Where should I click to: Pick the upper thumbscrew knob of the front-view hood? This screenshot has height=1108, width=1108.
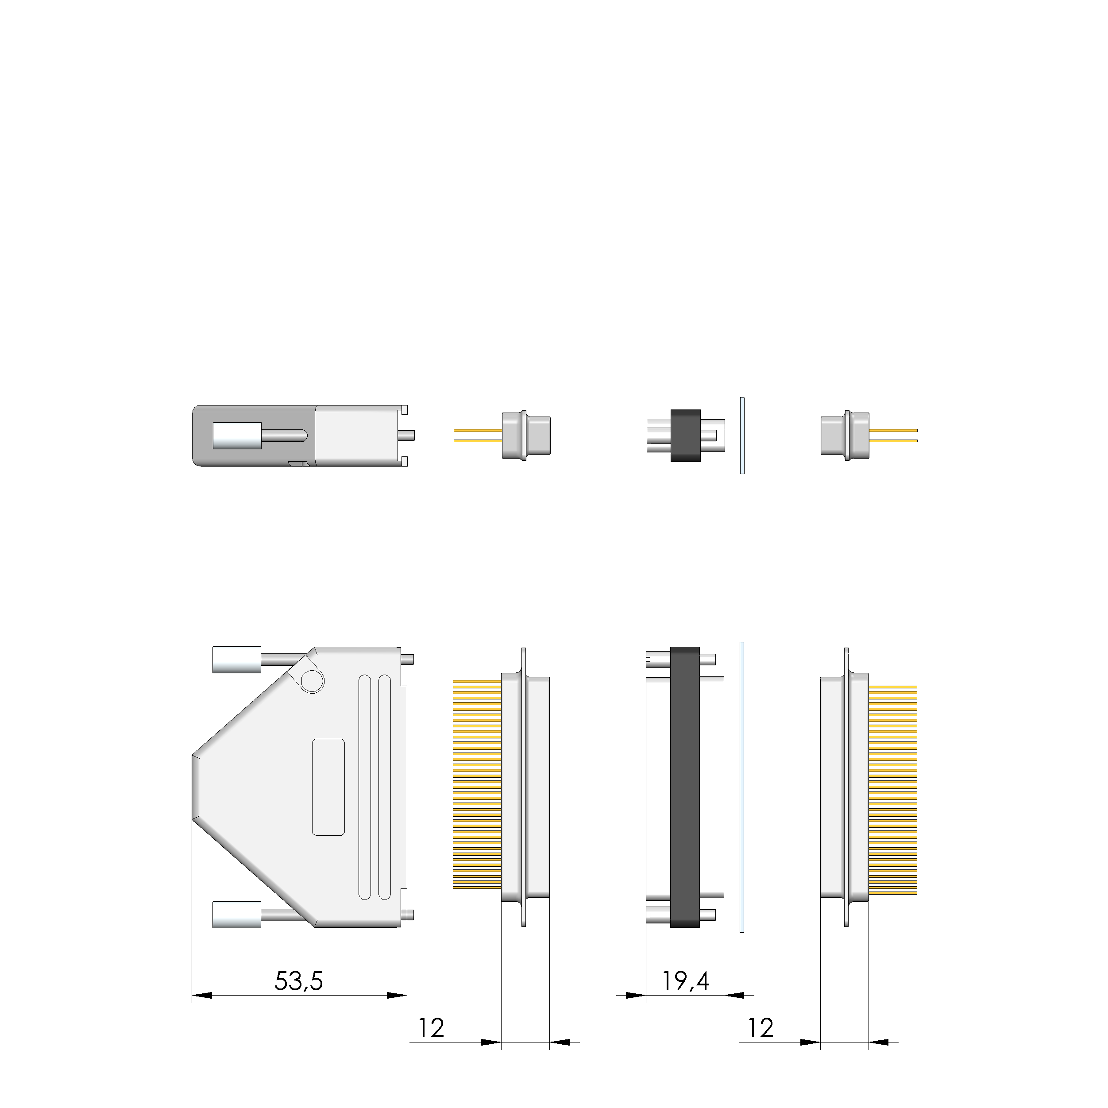236,660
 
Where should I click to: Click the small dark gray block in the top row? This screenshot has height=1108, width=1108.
686,436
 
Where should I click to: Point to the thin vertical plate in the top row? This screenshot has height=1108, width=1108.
742,436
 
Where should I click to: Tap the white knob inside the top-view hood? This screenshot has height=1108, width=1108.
237,436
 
